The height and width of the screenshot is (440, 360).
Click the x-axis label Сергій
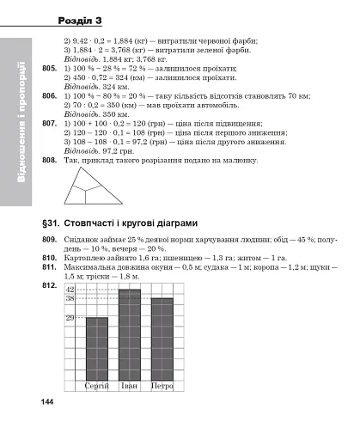tap(97, 387)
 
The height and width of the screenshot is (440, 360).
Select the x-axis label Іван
tap(129, 387)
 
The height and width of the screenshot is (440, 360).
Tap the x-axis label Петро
tap(162, 387)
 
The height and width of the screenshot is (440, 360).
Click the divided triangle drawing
tap(94, 185)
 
